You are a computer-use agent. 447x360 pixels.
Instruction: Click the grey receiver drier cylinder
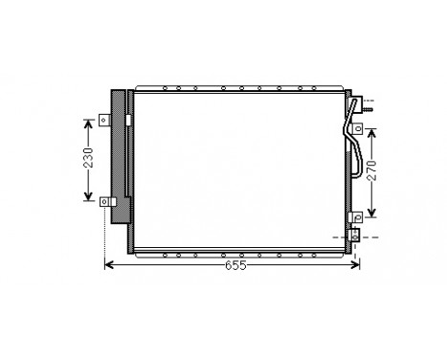pyautogui.click(x=119, y=158)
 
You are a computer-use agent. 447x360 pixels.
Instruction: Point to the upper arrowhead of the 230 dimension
pyautogui.click(x=85, y=124)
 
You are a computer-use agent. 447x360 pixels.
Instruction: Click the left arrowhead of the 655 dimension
pyautogui.click(x=109, y=264)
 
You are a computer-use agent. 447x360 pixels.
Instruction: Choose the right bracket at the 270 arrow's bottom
pyautogui.click(x=354, y=216)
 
